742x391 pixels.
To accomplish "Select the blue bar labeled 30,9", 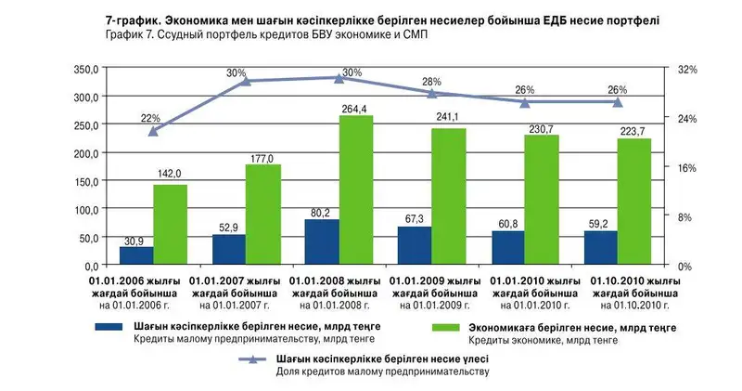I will [x=136, y=255].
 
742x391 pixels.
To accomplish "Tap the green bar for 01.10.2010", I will [x=634, y=202].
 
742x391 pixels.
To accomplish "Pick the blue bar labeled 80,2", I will [x=322, y=241].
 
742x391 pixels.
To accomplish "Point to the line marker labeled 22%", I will [x=153, y=130].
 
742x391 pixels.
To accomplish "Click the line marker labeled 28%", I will [x=432, y=93].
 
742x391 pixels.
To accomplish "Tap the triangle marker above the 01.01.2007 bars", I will [x=246, y=81].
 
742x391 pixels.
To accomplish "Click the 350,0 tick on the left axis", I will [x=83, y=70].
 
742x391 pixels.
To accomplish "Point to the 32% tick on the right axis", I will [x=686, y=70].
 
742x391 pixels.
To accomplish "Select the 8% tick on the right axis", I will [x=684, y=216].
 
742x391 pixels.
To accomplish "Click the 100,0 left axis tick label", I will [x=83, y=210].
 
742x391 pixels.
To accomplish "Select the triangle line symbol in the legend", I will [x=254, y=358].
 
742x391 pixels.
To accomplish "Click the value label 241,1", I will [x=448, y=117].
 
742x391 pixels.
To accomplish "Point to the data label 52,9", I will [x=228, y=226].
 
